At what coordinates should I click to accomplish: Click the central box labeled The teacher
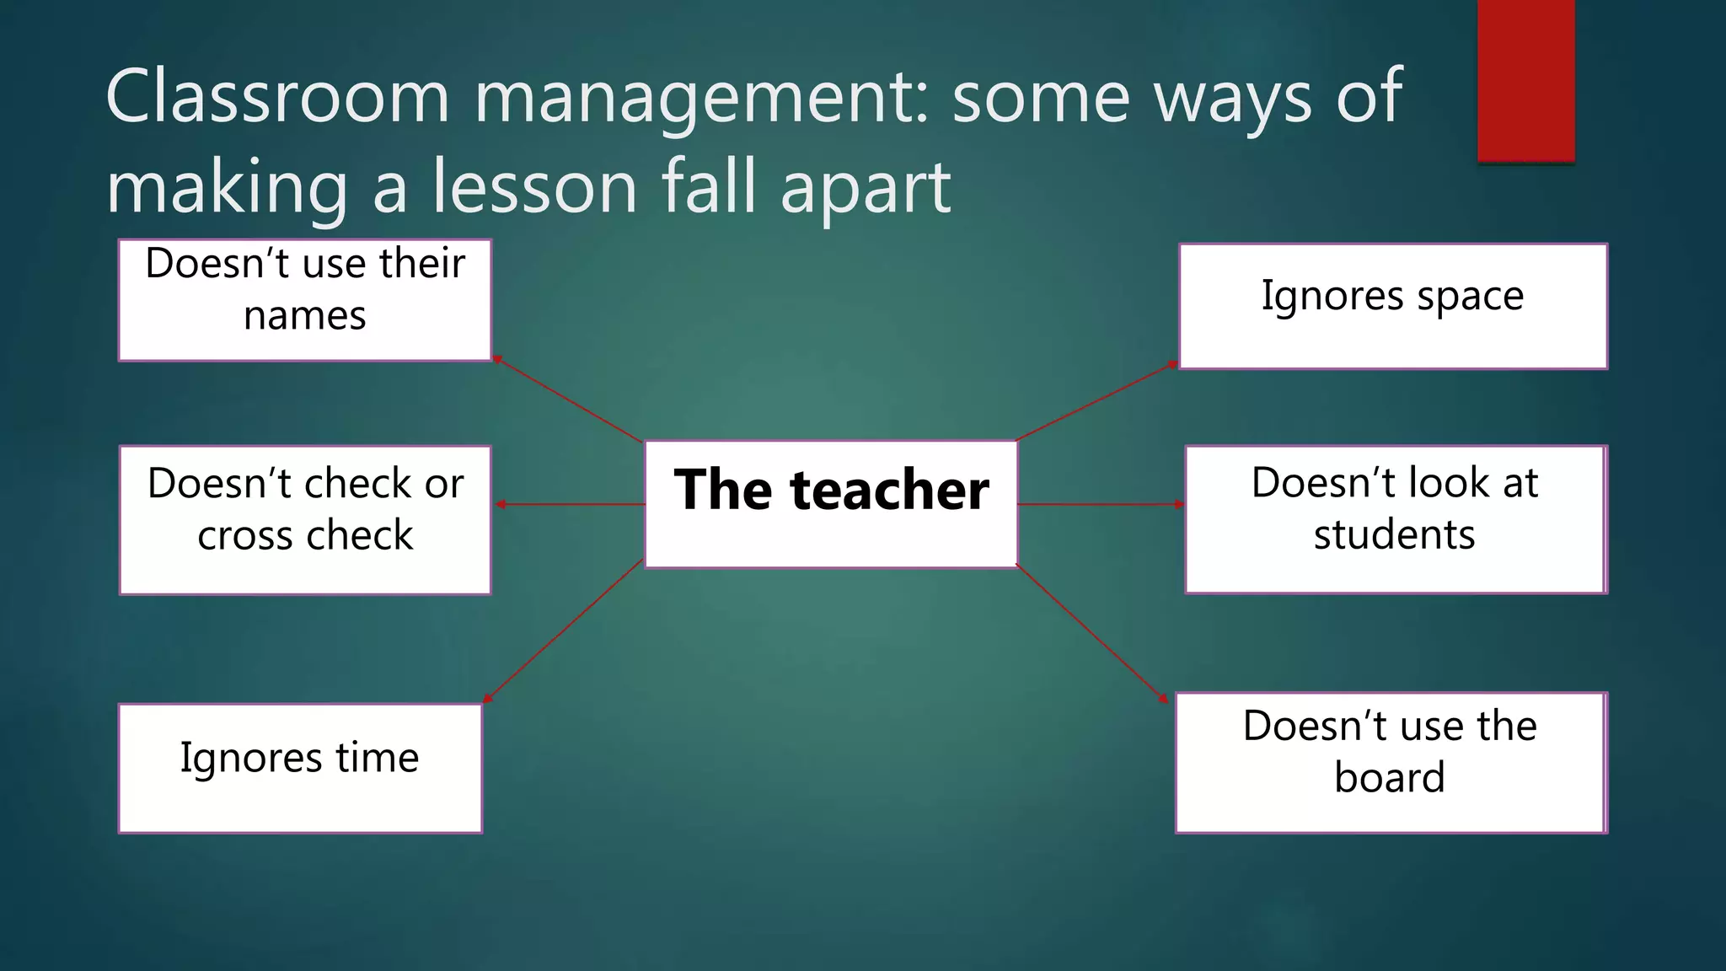pos(831,504)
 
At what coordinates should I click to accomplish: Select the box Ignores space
pos(1392,306)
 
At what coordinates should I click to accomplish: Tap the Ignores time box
pos(300,768)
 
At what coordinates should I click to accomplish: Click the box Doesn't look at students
pos(1395,519)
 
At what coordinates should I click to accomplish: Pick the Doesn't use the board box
pos(1391,762)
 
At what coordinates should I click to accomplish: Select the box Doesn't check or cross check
pos(305,519)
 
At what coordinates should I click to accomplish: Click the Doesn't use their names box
pos(305,300)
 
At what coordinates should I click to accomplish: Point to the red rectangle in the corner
pos(1525,80)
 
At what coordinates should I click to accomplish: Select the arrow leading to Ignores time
pos(563,630)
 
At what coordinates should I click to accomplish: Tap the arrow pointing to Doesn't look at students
pos(1101,504)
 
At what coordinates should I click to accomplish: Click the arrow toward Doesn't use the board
pos(1092,633)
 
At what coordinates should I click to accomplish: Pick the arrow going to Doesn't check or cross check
pos(570,504)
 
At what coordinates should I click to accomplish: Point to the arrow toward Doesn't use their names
pos(567,400)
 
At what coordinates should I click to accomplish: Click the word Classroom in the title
pos(277,97)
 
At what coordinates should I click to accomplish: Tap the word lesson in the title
pos(534,187)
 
